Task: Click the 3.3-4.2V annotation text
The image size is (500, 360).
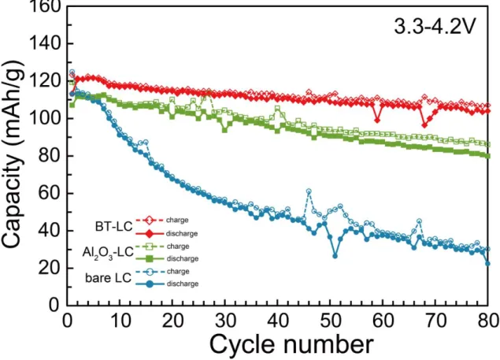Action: [435, 27]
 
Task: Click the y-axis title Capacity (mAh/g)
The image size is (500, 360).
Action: [12, 154]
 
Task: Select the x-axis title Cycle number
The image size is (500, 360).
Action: [291, 344]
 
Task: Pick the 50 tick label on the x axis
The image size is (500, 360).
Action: [331, 320]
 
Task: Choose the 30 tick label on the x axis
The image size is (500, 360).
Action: [225, 320]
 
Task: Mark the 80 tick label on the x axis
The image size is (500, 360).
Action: [488, 320]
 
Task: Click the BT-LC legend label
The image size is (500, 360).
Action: [114, 227]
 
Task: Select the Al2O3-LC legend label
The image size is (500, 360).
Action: [108, 252]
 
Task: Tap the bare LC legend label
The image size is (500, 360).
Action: [109, 278]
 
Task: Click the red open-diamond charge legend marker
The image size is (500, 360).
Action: [150, 221]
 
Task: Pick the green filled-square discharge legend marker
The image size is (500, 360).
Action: [150, 258]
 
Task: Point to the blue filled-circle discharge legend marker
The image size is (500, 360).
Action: [150, 284]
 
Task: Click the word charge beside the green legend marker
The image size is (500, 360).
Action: [178, 247]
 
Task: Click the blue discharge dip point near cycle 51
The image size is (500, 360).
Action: [335, 256]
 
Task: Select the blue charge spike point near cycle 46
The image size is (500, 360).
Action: [309, 191]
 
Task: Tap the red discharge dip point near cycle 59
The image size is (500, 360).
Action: [377, 120]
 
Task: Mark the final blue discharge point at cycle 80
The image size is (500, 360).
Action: [487, 264]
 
